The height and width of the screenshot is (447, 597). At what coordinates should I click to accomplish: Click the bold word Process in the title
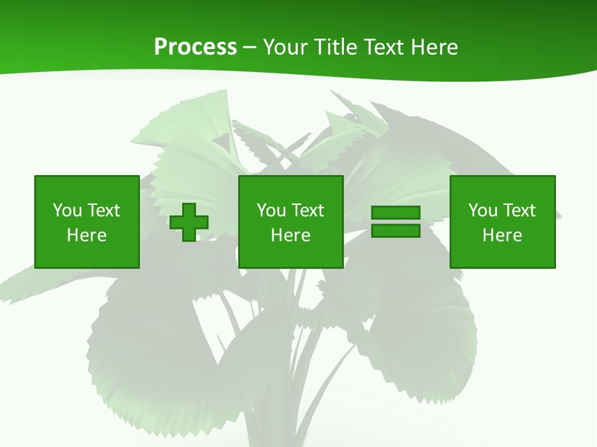coord(195,47)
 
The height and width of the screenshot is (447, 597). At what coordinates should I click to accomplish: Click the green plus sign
coord(189,222)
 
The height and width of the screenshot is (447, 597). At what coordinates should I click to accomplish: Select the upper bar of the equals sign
coord(396,213)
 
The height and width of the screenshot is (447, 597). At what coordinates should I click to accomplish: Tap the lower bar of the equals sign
coord(396,231)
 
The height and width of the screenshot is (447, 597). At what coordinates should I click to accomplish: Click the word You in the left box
coord(67,210)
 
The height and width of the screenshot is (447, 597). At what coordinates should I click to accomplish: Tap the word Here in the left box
coord(86,235)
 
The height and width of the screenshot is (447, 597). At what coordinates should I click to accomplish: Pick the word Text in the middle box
coord(307,210)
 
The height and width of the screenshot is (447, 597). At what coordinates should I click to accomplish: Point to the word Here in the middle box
coord(290,235)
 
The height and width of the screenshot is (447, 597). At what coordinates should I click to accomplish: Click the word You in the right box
coord(483,210)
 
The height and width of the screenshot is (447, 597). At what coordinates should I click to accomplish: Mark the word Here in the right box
coord(502,235)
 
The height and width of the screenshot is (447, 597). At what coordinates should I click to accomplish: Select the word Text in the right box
coord(519,210)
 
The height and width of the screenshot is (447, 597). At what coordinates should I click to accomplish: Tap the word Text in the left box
coord(103,210)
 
